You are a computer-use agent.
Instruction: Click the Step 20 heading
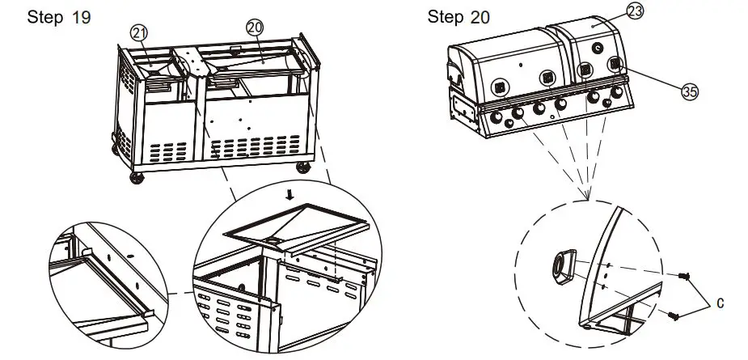tap(458, 16)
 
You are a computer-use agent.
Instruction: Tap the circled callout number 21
tap(140, 32)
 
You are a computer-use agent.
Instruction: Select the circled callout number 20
tap(255, 27)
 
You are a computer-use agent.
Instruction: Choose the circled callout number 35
tap(689, 92)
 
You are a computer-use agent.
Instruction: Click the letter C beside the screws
tap(719, 304)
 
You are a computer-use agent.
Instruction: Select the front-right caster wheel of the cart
tap(303, 167)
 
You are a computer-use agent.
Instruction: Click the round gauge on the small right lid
tap(598, 48)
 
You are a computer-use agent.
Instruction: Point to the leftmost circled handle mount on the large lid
tap(499, 84)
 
